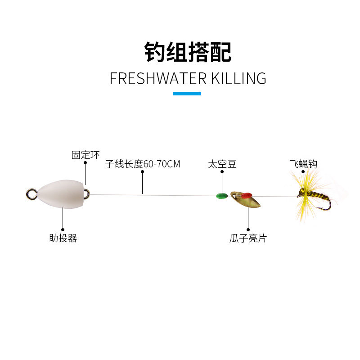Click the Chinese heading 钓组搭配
(188, 52)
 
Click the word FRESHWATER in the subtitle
(152, 78)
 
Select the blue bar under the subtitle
(187, 94)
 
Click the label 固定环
(85, 155)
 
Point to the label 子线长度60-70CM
(143, 164)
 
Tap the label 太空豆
(222, 164)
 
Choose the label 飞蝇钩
(303, 164)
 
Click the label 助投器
(63, 238)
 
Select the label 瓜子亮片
(248, 238)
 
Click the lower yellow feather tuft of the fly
(304, 210)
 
